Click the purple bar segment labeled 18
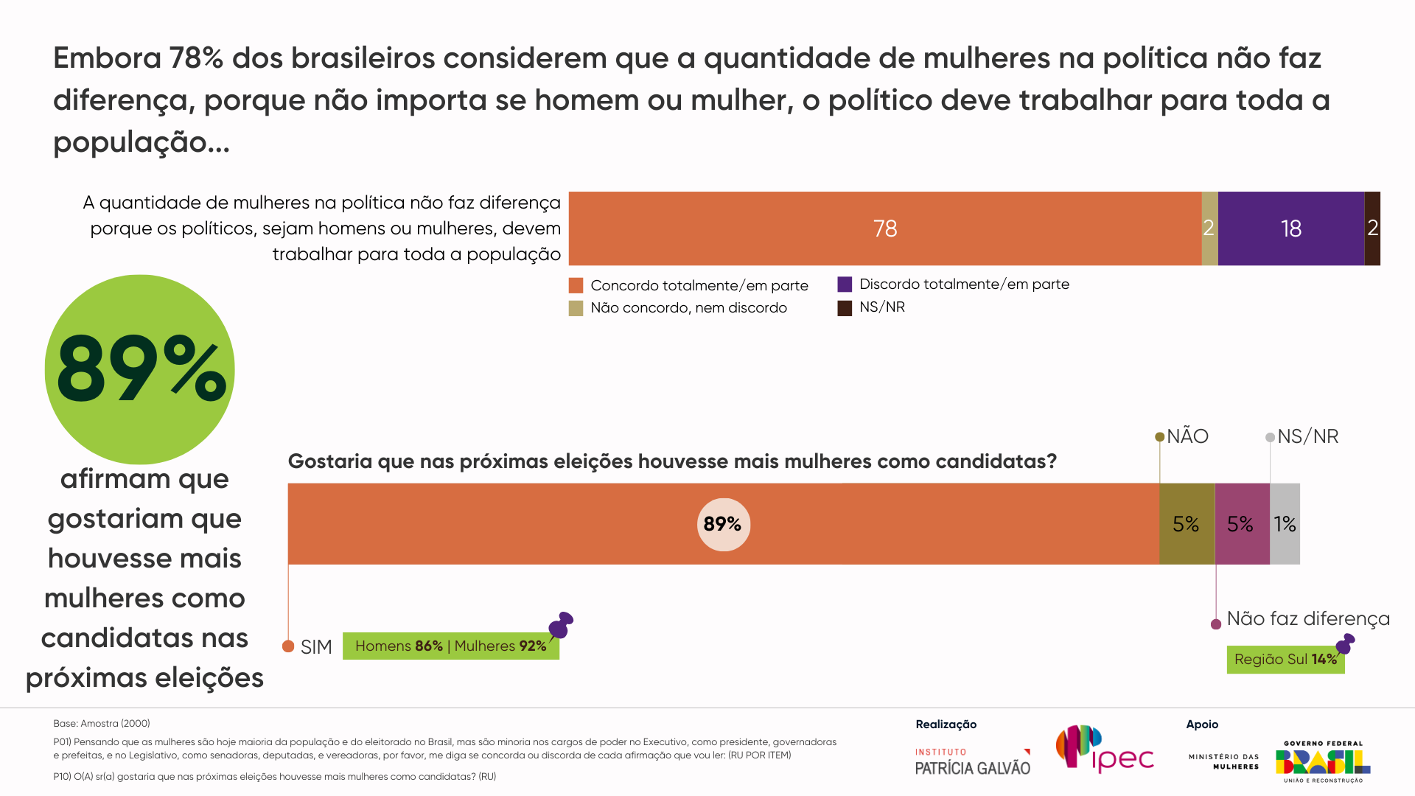(1290, 228)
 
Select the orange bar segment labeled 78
(884, 228)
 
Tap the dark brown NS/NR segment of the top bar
(1372, 228)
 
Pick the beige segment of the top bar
(1209, 228)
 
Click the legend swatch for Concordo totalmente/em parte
(576, 285)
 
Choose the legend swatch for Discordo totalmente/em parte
(845, 284)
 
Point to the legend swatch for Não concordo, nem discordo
(576, 308)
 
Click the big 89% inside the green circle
(140, 369)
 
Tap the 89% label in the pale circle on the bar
(723, 524)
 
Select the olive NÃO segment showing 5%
(1186, 524)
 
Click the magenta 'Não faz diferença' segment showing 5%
(1241, 524)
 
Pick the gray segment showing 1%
(1285, 524)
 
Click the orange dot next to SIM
(288, 646)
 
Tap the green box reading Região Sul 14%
(1285, 660)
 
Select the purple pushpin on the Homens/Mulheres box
(561, 625)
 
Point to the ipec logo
(1104, 750)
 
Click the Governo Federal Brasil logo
(1323, 762)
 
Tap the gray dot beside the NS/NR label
(1270, 437)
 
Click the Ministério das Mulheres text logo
(1224, 761)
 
